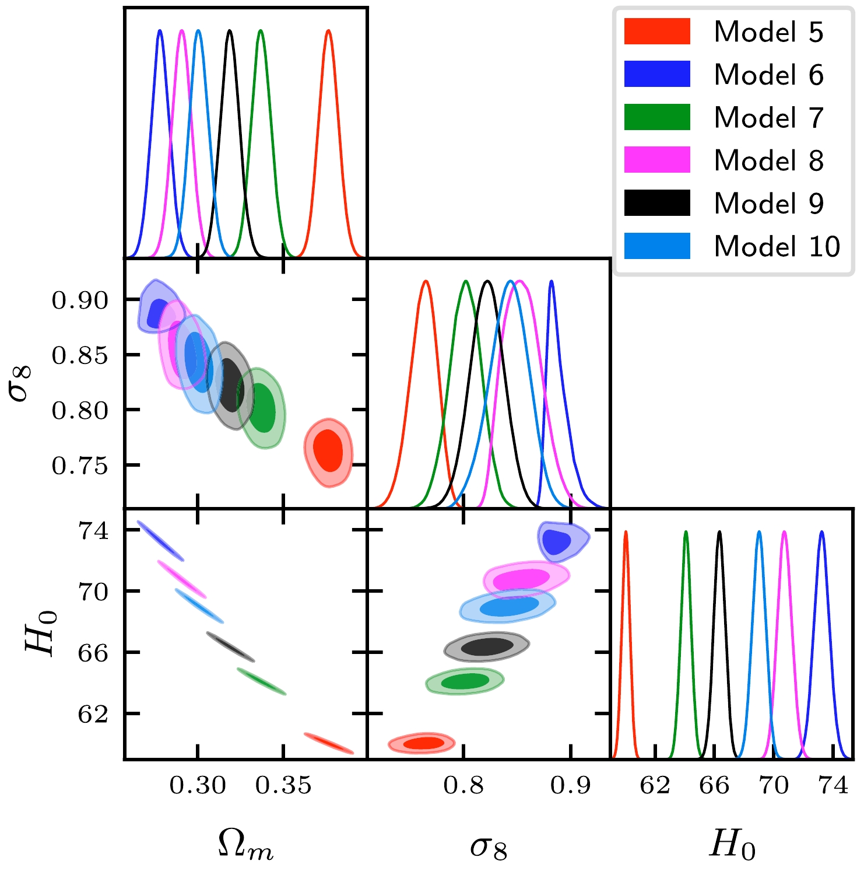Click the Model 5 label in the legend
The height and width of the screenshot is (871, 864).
coord(768,32)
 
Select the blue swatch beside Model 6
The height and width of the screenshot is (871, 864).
coord(657,74)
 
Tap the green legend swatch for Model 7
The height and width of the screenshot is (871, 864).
coord(657,117)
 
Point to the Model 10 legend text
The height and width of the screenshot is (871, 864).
coord(777,246)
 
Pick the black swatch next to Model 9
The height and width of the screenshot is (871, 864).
coord(657,203)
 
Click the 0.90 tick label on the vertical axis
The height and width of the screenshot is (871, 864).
coord(80,300)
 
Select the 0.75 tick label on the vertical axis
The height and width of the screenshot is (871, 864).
coord(80,466)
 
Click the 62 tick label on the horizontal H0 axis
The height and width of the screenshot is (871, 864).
coord(655,785)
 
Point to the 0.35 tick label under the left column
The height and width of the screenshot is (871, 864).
coord(283,785)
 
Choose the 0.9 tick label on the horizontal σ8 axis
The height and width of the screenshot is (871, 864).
coord(570,785)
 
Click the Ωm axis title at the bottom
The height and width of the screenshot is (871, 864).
coord(245,845)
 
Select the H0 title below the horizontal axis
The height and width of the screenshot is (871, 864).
coord(732,845)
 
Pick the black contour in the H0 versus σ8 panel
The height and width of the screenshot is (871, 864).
coord(487,646)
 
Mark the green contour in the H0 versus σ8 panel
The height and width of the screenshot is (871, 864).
coord(465,681)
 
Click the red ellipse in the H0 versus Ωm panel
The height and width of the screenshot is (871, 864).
coord(328,744)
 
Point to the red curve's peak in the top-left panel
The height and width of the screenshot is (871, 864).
coord(328,31)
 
